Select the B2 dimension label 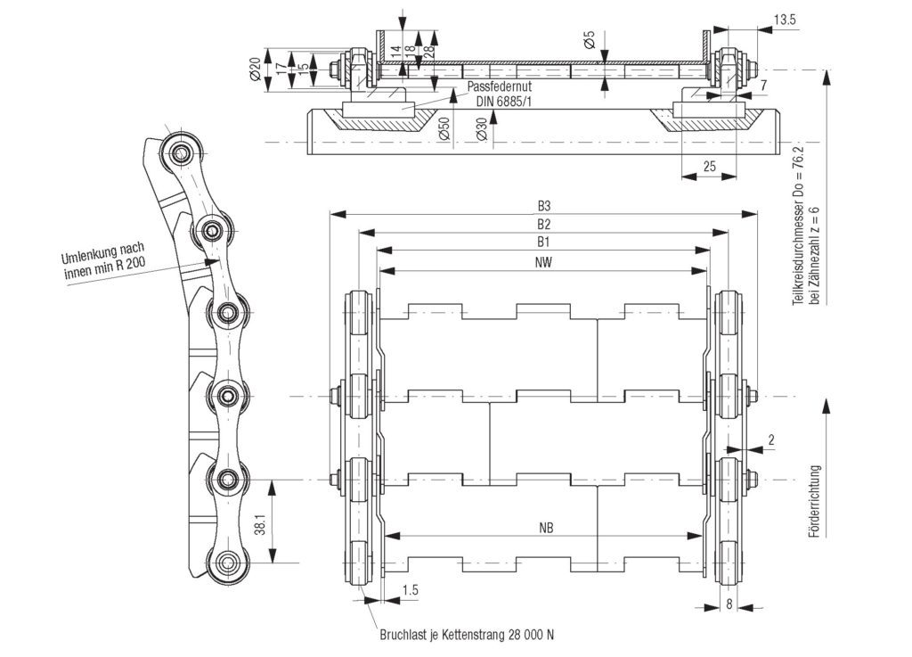tap(543, 224)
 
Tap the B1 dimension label tap(543, 242)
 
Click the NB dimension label tap(546, 529)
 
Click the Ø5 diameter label tap(589, 41)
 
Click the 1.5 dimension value tap(411, 590)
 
